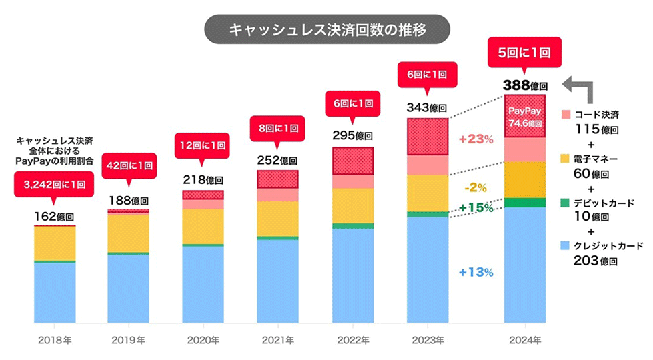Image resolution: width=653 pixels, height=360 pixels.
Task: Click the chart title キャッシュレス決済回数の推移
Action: pos(326,30)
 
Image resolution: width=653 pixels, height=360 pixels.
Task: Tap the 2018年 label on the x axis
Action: pos(54,341)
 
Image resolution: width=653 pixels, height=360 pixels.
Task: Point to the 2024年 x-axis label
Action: pos(524,341)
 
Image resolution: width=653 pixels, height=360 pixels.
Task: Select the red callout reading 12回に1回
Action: pos(203,145)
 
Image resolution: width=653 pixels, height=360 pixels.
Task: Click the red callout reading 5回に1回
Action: pos(524,53)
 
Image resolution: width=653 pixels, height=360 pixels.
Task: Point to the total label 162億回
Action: pos(54,216)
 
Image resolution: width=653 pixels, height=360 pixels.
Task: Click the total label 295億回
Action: pos(352,135)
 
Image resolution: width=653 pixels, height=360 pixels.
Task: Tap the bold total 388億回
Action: pos(524,85)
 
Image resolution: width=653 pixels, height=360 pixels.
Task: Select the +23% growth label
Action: pos(476,139)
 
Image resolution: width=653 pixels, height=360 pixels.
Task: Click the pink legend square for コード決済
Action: pos(566,114)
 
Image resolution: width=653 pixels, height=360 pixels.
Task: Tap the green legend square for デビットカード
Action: pos(566,202)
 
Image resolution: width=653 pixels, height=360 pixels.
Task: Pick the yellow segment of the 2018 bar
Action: pos(54,243)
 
